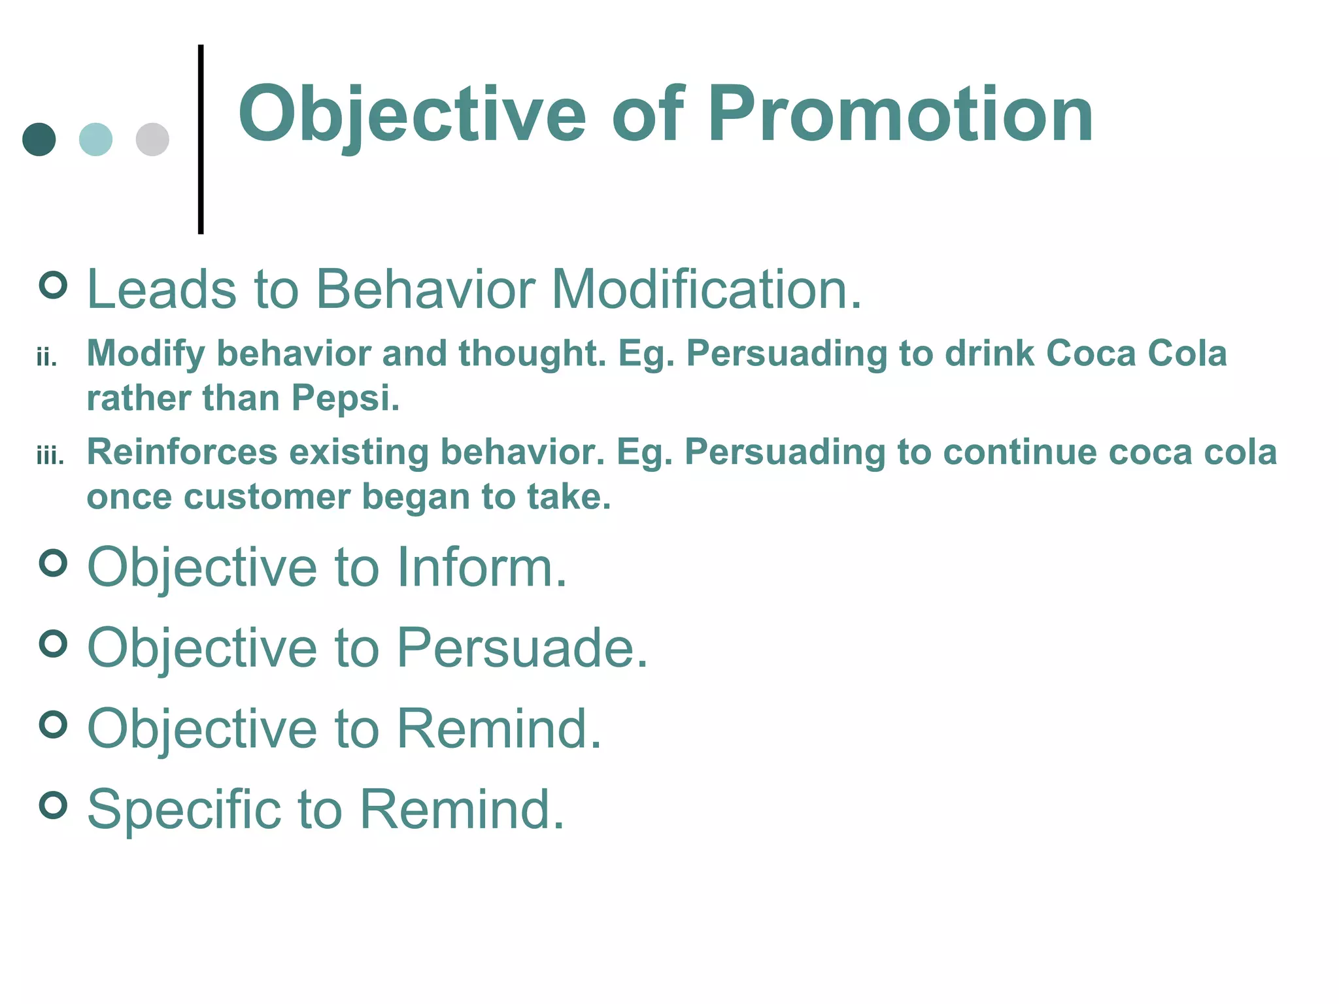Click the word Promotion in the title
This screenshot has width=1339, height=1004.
(x=900, y=115)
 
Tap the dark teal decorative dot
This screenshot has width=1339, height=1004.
(x=39, y=139)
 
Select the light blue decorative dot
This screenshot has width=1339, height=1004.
(x=95, y=139)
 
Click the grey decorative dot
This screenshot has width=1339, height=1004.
(x=152, y=139)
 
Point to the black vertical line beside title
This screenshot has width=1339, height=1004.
(x=201, y=139)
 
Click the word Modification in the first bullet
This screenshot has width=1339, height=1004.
(x=706, y=289)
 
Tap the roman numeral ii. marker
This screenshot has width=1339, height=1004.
(x=47, y=358)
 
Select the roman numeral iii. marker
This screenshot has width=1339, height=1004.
(x=50, y=456)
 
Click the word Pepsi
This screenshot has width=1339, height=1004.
(x=345, y=398)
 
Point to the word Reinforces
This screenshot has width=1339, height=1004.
(x=182, y=452)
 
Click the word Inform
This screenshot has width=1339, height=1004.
(x=482, y=567)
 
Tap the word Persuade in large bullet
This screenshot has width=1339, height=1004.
(x=522, y=648)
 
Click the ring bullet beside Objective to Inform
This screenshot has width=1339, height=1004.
(x=54, y=563)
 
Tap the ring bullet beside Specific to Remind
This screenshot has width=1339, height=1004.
(x=54, y=805)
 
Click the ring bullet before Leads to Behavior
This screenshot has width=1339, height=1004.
(x=54, y=285)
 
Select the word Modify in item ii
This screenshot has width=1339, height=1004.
(x=146, y=354)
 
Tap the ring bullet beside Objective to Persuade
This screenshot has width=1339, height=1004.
(x=54, y=644)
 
